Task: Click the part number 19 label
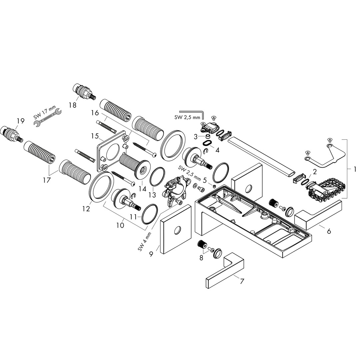point(20,121)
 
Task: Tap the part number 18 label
point(72,105)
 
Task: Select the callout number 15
point(95,136)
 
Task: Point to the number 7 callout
point(241,281)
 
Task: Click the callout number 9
point(151,254)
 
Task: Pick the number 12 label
point(86,209)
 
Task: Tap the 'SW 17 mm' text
point(45,113)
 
